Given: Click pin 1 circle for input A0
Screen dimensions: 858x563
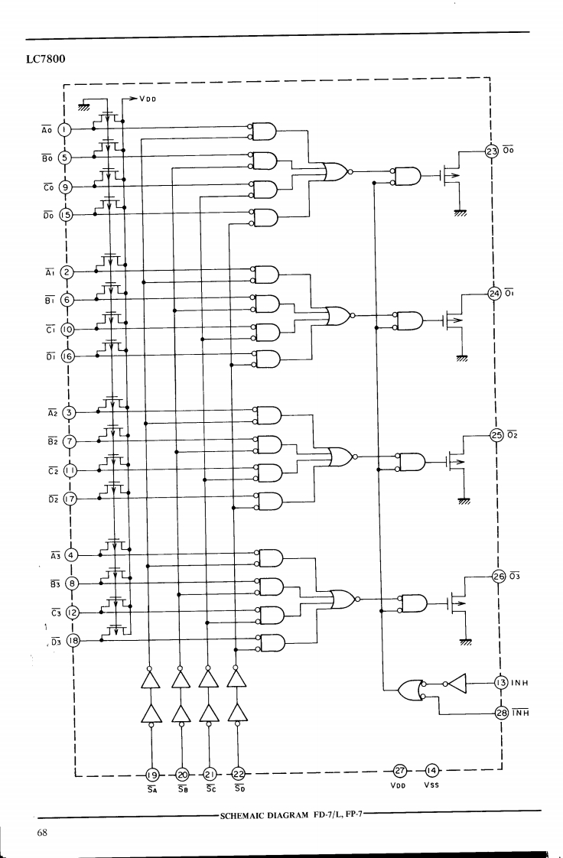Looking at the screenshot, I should [x=65, y=129].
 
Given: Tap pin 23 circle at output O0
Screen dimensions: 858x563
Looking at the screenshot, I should [x=491, y=151].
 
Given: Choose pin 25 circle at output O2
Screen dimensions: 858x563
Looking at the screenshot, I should [x=496, y=435].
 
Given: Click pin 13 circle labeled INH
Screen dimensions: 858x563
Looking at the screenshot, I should [x=500, y=682].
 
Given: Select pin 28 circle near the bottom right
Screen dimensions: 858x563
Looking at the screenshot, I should [x=501, y=713].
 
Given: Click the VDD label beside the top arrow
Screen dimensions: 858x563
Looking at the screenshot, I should [x=149, y=99].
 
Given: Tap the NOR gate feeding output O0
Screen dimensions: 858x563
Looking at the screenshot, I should [x=334, y=172].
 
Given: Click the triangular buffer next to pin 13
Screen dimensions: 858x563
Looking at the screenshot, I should [x=454, y=682].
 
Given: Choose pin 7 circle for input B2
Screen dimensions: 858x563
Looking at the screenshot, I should [x=70, y=441].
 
